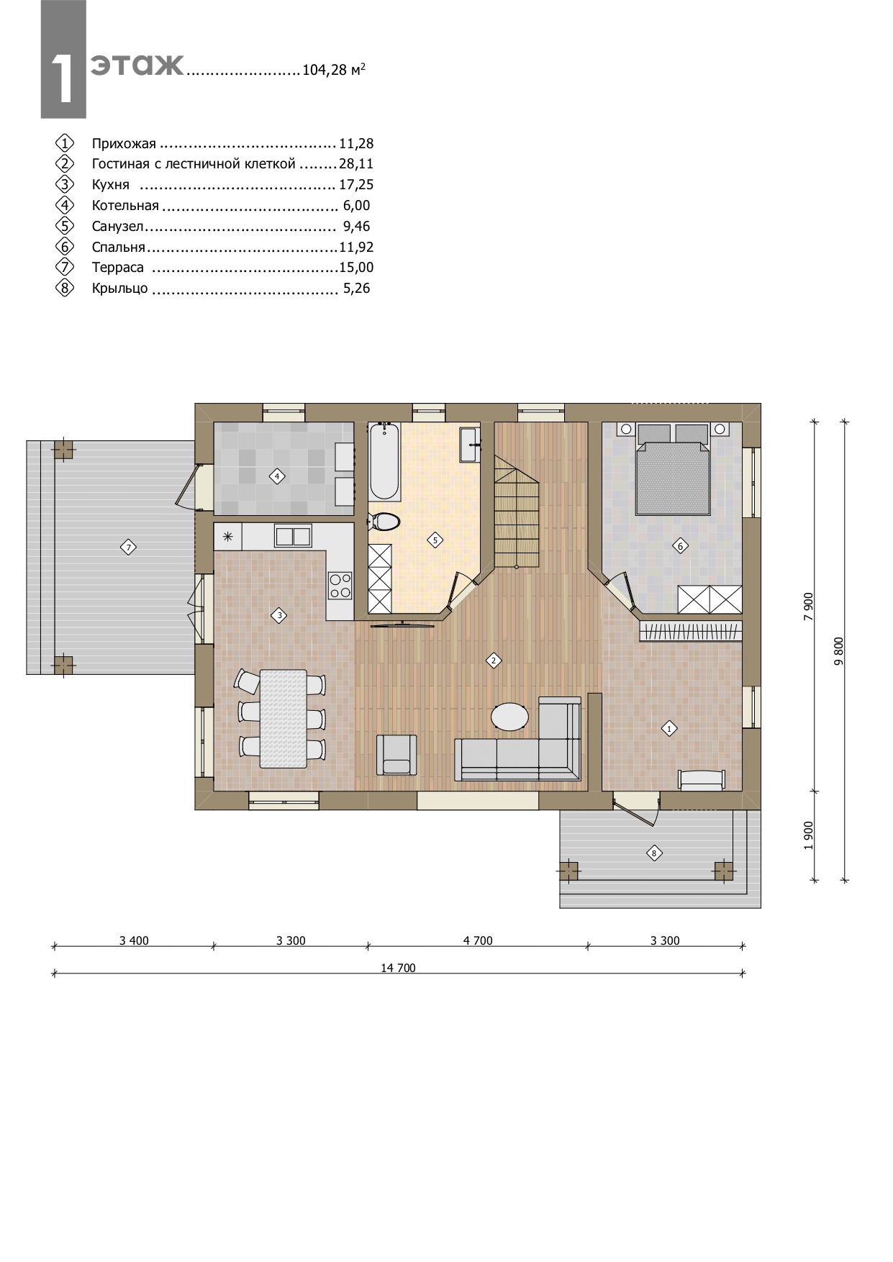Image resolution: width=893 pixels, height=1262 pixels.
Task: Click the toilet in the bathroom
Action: pos(383,521)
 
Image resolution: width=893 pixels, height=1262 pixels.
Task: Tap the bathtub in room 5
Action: pos(384,462)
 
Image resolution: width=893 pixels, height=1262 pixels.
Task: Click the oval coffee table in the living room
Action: pos(510,717)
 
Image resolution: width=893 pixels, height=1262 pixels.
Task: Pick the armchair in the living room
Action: pos(396,755)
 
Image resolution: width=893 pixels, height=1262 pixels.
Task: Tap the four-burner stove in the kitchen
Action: pos(340,585)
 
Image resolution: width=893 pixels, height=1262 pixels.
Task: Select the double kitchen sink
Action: pos(292,536)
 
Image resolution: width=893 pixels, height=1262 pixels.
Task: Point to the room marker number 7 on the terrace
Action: pos(128,548)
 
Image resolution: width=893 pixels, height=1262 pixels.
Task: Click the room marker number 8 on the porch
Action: pos(654,853)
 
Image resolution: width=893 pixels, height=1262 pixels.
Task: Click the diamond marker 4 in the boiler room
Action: pos(277,476)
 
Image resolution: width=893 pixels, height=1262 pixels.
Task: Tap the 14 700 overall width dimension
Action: pos(399,968)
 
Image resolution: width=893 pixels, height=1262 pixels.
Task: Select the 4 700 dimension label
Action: pos(478,940)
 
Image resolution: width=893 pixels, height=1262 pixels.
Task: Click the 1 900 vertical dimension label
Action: pos(808,835)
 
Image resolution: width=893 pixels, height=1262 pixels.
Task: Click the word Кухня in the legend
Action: pos(111,185)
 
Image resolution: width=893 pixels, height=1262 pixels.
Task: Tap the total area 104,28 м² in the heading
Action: pos(334,70)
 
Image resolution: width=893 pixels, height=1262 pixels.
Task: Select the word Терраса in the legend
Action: pos(118,268)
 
